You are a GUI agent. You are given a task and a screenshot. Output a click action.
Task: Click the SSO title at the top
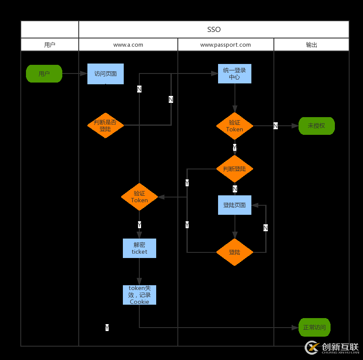214,29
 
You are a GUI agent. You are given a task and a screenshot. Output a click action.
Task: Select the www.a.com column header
128,45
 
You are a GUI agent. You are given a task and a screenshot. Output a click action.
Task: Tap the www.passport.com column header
225,45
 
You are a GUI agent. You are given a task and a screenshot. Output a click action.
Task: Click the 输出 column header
312,45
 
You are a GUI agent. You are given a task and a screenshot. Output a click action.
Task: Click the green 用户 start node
44,74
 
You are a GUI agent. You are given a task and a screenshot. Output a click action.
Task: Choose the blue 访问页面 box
106,74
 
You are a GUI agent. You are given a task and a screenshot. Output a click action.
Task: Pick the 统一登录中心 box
235,74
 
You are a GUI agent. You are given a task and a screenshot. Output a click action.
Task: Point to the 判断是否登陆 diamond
105,125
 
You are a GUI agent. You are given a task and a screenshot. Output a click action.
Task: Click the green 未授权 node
316,126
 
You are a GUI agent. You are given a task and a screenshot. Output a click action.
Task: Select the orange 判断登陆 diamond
235,169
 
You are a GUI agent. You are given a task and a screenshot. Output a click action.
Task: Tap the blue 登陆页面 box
235,205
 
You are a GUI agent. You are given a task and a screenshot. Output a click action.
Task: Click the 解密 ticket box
139,248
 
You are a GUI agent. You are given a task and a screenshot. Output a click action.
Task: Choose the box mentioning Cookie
139,295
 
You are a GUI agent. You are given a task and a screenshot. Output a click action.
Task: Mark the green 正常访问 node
315,327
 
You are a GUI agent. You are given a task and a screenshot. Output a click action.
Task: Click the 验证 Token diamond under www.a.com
139,197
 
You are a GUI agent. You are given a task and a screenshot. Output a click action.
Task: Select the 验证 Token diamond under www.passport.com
235,126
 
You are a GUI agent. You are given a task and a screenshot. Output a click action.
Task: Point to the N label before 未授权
276,126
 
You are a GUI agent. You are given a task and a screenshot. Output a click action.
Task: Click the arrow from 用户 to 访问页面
75,74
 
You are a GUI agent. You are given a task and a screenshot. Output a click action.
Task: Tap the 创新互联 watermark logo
332,347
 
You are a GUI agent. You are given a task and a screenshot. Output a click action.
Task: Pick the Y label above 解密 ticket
139,225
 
